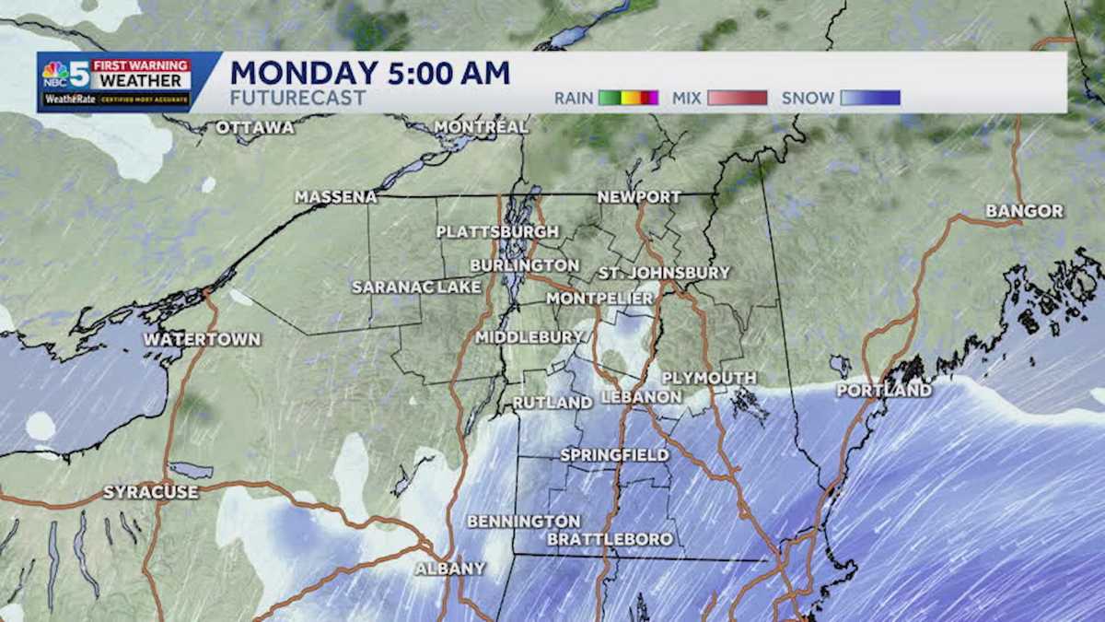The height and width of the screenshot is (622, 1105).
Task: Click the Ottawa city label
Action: tap(255, 128)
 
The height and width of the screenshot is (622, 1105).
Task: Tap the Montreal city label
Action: tap(481, 127)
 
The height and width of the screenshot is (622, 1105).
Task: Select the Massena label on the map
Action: tap(336, 197)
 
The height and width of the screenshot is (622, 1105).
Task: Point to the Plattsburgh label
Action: tap(497, 231)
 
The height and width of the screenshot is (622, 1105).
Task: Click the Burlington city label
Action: tap(524, 265)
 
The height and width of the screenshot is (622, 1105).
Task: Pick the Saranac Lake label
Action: tap(416, 288)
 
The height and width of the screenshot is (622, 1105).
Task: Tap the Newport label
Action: tap(639, 197)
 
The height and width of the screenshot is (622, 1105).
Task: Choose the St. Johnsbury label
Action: tap(664, 273)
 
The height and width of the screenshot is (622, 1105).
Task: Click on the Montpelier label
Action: tap(599, 299)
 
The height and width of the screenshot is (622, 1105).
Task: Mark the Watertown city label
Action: tap(202, 340)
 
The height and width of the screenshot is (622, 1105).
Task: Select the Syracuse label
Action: tap(150, 492)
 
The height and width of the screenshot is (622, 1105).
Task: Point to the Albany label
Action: tap(449, 569)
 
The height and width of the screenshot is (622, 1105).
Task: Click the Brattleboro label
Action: tap(610, 539)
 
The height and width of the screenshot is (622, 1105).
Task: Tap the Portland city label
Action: tap(884, 391)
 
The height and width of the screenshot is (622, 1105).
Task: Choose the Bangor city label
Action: tap(1024, 212)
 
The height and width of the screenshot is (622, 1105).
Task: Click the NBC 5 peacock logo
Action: tap(55, 73)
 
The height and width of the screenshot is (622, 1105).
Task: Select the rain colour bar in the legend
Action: tap(629, 98)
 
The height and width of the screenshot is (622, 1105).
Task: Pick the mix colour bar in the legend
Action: tap(737, 98)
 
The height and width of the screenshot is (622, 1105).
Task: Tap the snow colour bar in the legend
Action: tap(870, 98)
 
